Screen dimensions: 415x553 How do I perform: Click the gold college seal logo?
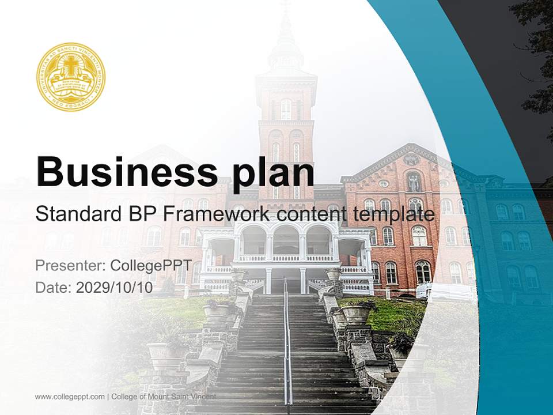pyautogui.click(x=71, y=77)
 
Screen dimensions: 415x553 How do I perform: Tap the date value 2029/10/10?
pyautogui.click(x=114, y=287)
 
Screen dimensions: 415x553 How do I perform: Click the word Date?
pyautogui.click(x=52, y=287)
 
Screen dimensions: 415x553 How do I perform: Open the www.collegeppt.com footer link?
pyautogui.click(x=70, y=397)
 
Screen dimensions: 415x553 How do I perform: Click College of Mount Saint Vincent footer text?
pyautogui.click(x=164, y=397)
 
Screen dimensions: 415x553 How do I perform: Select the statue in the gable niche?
pyautogui.click(x=413, y=182)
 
